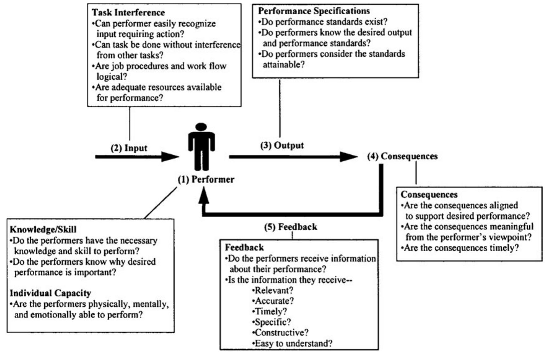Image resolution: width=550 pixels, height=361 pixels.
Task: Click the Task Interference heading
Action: point(128,13)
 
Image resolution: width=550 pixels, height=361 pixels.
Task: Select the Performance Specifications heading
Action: point(314,11)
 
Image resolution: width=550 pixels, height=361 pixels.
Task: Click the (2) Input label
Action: point(129,148)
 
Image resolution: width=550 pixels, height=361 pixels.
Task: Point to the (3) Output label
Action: point(282,145)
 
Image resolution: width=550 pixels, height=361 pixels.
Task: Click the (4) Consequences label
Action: point(402,156)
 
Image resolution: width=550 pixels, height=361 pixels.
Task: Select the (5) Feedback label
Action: point(291,227)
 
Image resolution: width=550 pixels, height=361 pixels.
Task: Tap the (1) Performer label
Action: point(206,179)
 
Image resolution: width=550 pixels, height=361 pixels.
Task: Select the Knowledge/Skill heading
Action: point(43,230)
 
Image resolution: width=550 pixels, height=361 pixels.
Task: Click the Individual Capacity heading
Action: point(50,293)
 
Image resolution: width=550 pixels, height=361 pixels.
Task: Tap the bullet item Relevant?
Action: point(273,290)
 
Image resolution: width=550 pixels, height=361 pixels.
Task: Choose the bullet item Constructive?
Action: point(280,332)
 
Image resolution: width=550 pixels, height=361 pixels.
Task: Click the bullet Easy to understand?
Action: point(292,343)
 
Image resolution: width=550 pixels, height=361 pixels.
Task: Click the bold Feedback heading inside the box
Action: point(244,248)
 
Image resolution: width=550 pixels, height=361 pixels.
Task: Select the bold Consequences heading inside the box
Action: point(429,195)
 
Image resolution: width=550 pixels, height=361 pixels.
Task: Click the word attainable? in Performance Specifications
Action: point(284,64)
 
